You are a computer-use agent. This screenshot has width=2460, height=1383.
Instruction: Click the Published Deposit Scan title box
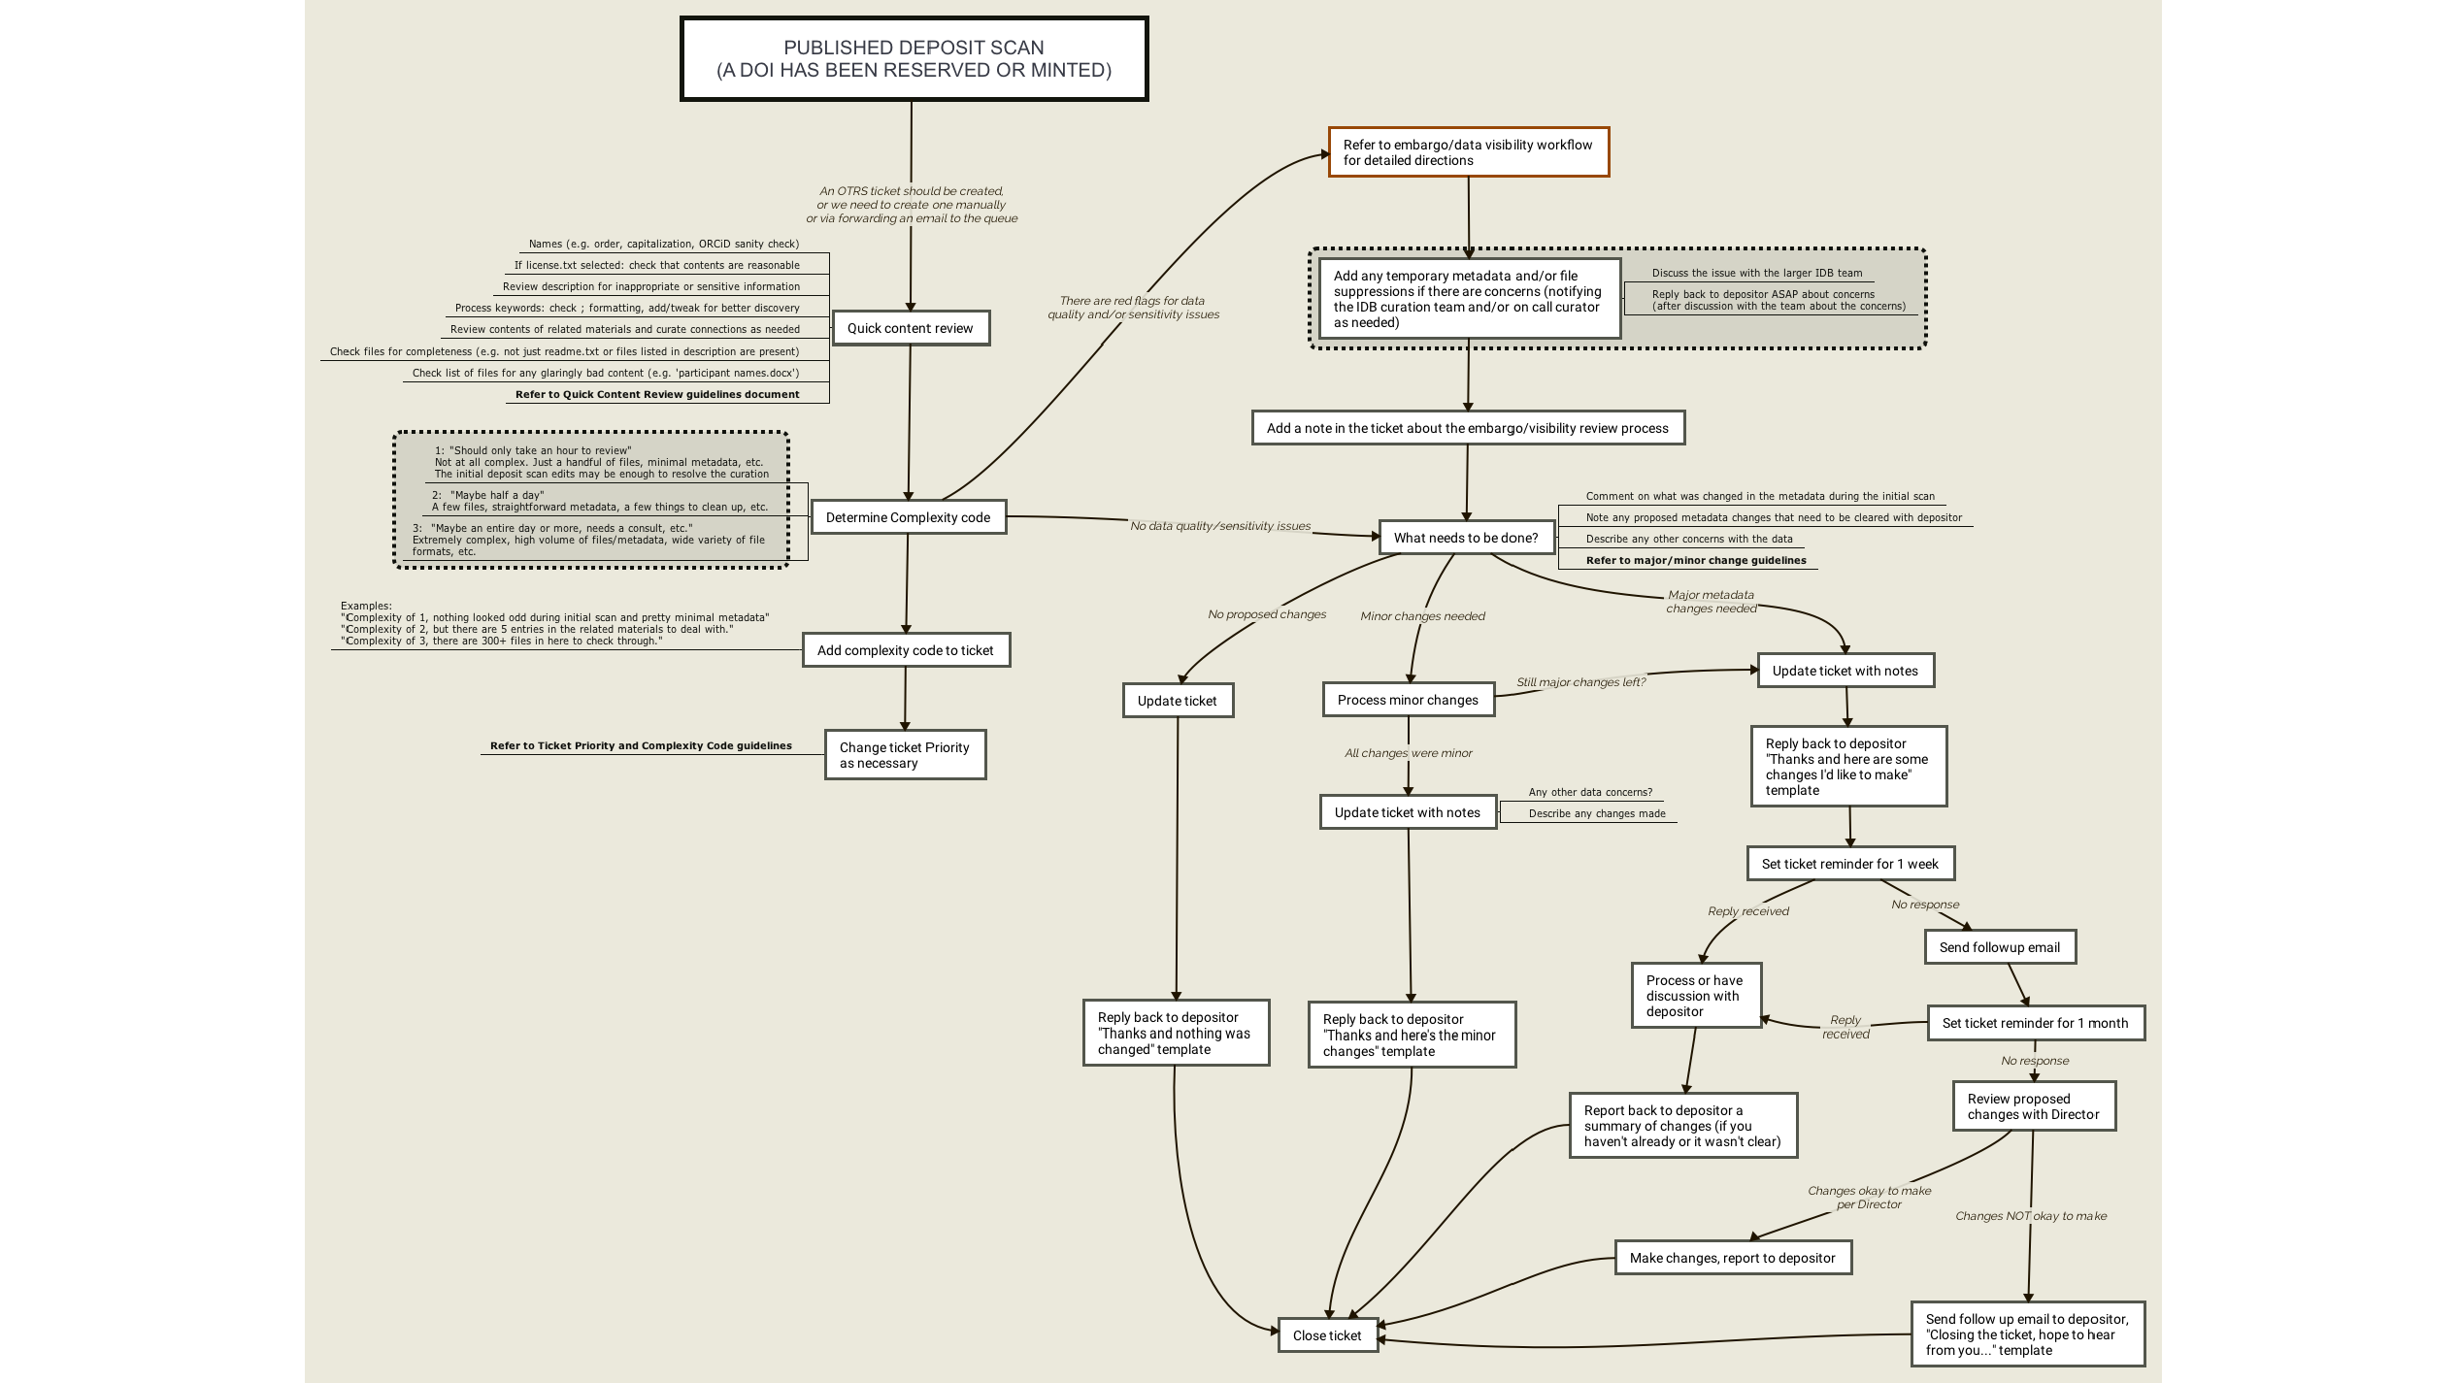point(914,59)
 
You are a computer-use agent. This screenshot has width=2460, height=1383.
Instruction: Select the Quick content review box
point(911,328)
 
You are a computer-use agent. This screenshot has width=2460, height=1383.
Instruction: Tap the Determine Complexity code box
point(908,517)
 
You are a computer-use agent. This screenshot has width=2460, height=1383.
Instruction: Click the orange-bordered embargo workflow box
point(1468,152)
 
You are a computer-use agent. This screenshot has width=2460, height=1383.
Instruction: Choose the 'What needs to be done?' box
point(1466,538)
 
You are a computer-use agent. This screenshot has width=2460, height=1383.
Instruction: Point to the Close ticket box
point(1327,1335)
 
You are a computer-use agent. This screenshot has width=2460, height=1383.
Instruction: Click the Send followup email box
point(2000,947)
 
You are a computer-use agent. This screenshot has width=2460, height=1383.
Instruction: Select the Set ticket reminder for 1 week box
point(1850,864)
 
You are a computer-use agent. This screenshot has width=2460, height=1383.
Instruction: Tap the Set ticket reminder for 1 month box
point(2035,1023)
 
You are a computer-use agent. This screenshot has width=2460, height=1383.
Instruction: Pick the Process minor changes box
point(1408,700)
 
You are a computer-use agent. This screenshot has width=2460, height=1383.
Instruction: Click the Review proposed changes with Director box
point(2034,1106)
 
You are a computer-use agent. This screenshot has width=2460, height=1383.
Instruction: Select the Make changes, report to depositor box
point(1733,1258)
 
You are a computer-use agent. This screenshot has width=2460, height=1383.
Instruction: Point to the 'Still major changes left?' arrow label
point(1581,682)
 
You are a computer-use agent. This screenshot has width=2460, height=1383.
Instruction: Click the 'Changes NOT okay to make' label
point(2031,1216)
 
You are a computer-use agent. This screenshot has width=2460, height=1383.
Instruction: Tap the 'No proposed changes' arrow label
point(1267,614)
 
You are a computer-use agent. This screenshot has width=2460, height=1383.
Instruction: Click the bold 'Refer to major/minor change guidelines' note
point(1696,560)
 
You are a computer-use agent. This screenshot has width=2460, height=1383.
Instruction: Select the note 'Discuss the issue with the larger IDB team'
point(1757,273)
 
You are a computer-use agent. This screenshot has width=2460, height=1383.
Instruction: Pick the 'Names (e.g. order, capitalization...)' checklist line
point(664,244)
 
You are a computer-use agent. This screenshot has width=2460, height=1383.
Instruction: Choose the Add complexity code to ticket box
point(906,650)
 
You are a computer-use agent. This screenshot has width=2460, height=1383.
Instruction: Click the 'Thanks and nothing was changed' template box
point(1176,1034)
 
